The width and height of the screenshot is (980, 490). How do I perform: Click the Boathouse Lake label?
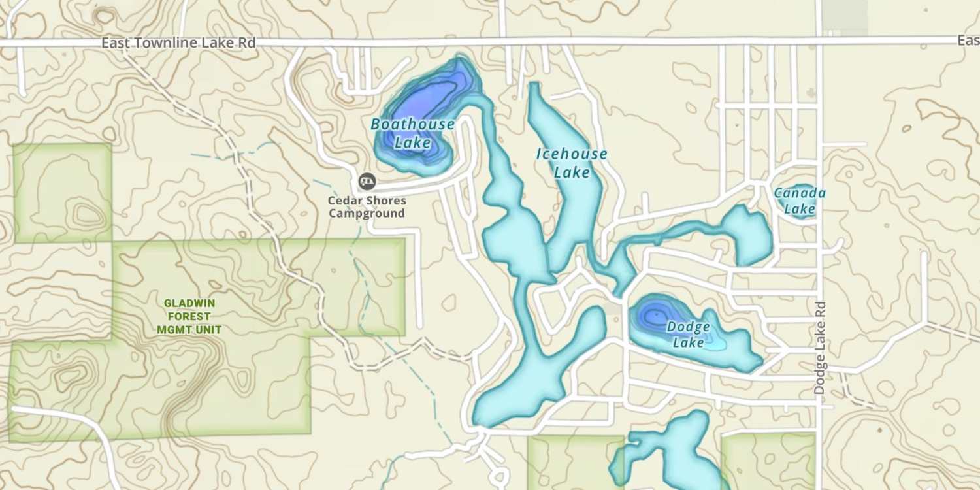412,133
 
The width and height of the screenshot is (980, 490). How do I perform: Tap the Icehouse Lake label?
572,163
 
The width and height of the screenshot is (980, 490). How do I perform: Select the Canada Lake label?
800,201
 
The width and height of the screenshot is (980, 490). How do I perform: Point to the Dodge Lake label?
689,335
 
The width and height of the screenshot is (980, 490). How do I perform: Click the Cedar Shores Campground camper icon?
367,181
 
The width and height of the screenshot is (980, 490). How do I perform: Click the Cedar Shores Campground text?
367,207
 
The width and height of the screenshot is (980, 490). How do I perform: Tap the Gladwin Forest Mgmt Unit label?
189,317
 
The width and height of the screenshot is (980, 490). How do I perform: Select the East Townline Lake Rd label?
178,42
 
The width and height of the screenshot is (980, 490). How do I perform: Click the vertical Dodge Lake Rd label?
821,347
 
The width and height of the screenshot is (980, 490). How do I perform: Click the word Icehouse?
572,155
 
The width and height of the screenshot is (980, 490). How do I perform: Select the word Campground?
367,214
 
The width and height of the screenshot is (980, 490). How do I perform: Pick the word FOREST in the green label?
189,317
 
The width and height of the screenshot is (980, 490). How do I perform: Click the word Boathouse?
412,124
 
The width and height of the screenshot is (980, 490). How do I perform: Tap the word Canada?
800,193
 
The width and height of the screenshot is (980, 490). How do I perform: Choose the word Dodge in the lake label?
689,327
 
